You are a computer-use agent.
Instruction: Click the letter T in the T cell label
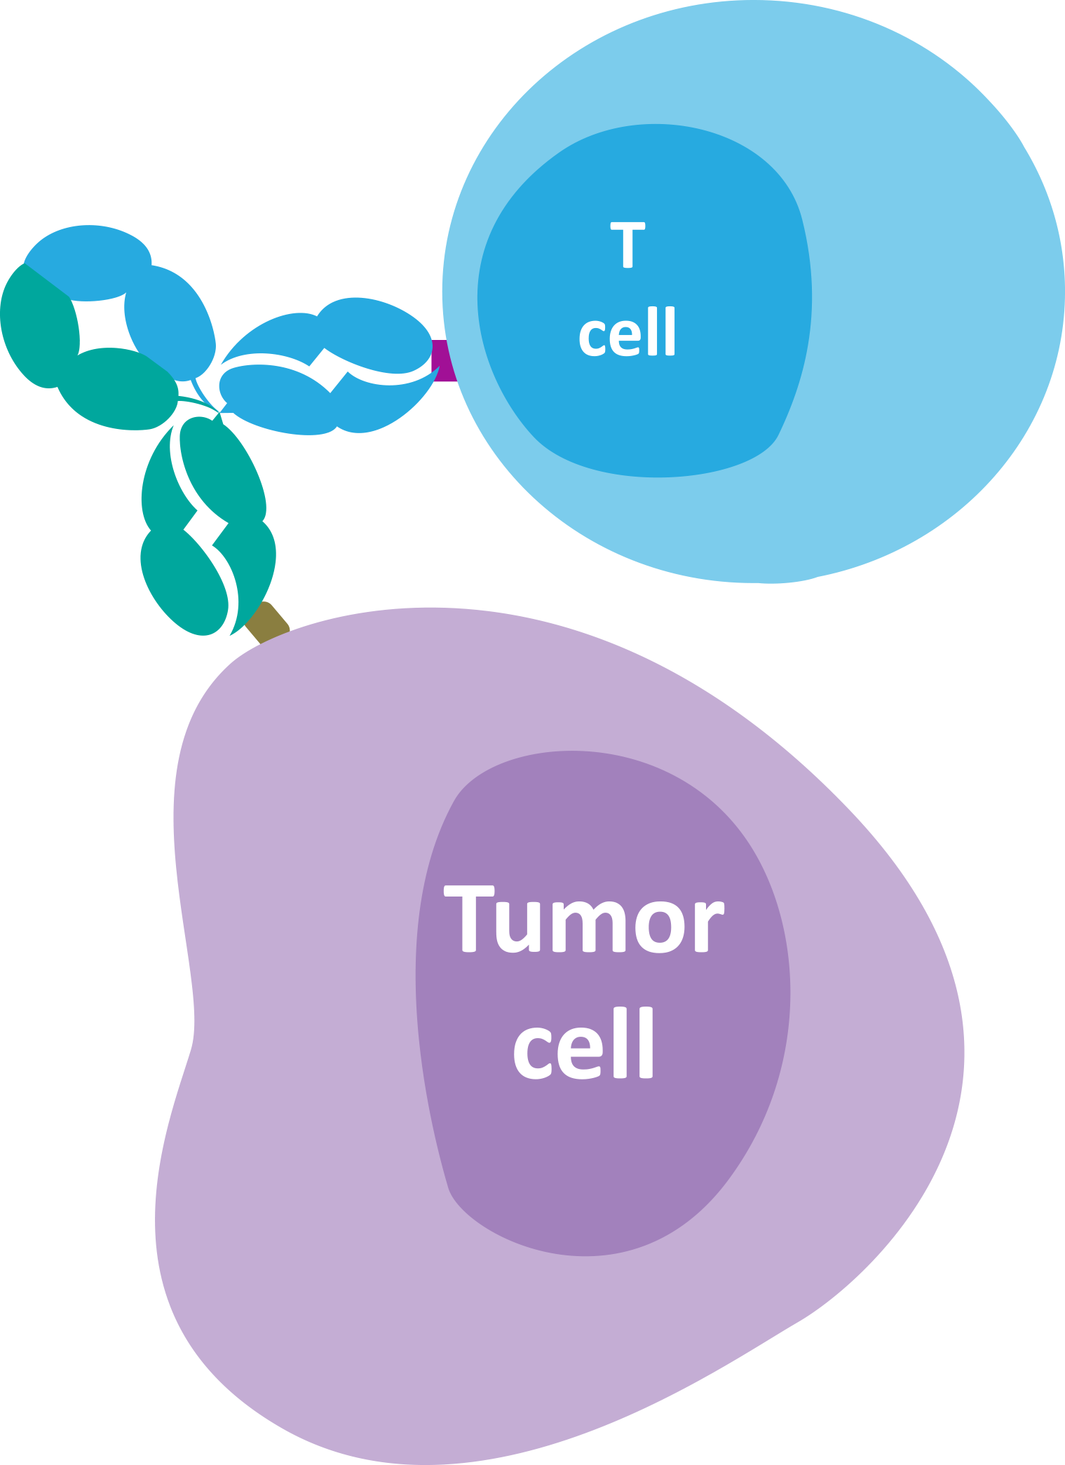(x=628, y=245)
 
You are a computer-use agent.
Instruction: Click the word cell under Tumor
(x=583, y=1043)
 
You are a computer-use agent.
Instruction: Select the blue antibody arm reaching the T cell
(x=330, y=372)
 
